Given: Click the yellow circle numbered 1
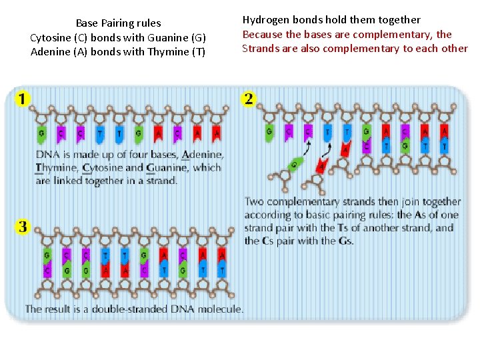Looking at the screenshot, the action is [23, 99].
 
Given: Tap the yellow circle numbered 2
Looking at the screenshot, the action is [249, 99].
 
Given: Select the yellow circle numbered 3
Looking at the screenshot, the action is [23, 227].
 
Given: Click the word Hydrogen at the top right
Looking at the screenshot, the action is [264, 20].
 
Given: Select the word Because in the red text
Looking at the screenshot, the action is [262, 34].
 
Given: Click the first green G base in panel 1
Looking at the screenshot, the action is [41, 133].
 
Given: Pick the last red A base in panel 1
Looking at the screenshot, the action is [217, 133].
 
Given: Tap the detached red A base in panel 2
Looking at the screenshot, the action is [322, 165].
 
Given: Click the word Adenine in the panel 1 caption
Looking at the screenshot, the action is [203, 155].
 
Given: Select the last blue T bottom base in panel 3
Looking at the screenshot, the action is [222, 270].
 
